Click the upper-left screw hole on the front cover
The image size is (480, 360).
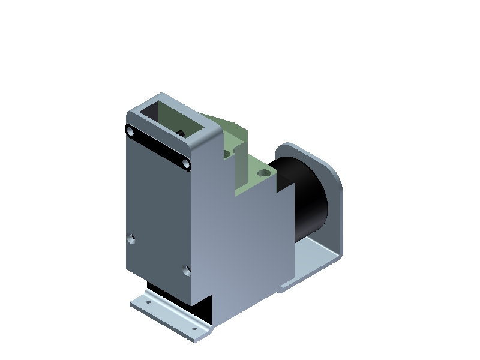tap(129, 131)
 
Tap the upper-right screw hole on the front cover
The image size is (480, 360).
tap(186, 163)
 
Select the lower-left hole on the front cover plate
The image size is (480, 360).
tap(132, 239)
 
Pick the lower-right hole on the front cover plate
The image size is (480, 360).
tap(187, 271)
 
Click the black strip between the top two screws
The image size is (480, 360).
tap(157, 146)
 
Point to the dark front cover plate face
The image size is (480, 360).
tap(157, 210)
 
